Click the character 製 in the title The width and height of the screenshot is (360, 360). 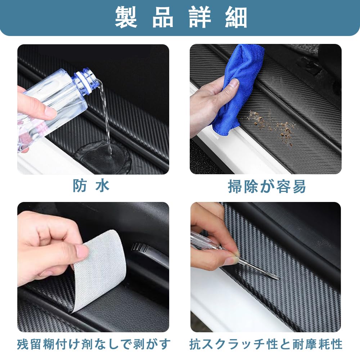click(x=126, y=17)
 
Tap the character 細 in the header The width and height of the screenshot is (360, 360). click(x=236, y=17)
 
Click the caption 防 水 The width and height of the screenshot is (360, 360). click(x=91, y=186)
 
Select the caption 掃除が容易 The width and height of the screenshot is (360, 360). click(x=267, y=186)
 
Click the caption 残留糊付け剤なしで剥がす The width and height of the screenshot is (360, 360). click(x=94, y=344)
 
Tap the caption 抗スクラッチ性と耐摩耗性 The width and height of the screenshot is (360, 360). click(x=266, y=344)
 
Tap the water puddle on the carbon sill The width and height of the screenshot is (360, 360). click(x=104, y=157)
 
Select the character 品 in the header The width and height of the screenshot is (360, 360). click(x=163, y=17)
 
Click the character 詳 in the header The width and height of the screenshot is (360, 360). click(x=199, y=17)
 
